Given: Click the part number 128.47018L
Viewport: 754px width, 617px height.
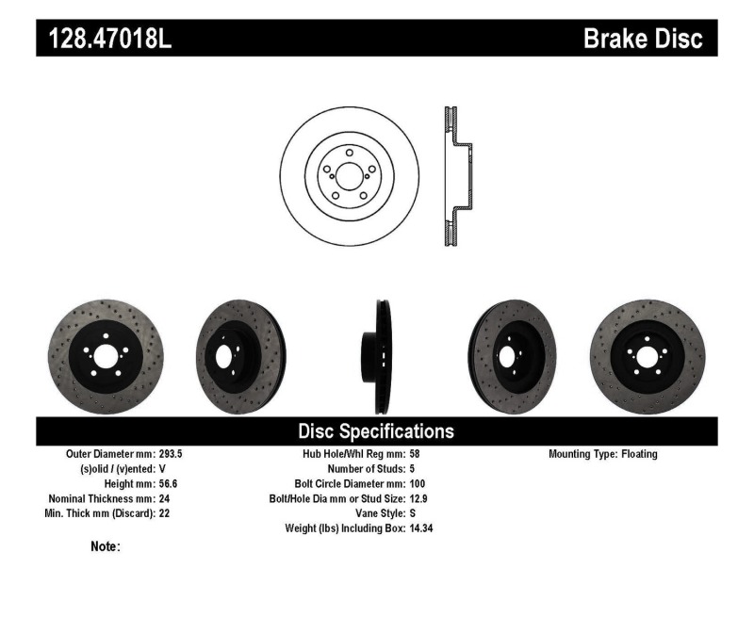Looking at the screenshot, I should pos(105,39).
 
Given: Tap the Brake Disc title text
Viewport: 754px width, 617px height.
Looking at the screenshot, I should pos(643,39).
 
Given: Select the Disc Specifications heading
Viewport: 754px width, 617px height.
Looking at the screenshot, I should pos(376,431).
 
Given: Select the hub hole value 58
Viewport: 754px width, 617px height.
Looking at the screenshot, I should pos(416,454).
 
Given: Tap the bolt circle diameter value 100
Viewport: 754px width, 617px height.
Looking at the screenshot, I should pos(418,484).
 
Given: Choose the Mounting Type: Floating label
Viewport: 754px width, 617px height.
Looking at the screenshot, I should pos(603,454).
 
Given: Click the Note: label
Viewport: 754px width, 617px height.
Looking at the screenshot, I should pos(105,546).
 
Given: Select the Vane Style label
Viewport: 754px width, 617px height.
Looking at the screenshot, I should pos(375,514).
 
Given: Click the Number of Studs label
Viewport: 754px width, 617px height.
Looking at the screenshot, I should pos(366,469).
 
